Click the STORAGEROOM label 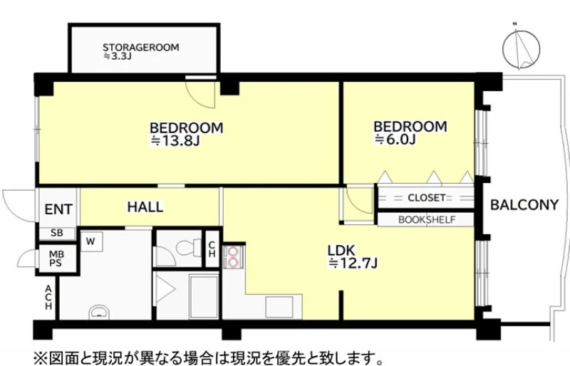click(x=140, y=47)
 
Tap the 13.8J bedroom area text click(x=175, y=141)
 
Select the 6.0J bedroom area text click(x=395, y=139)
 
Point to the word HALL click(x=145, y=206)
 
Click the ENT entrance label click(x=58, y=209)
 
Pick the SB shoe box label click(x=57, y=233)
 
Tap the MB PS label click(x=56, y=258)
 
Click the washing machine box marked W click(x=91, y=241)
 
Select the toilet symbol click(x=189, y=248)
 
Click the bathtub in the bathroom click(x=204, y=296)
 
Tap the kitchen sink click(x=279, y=307)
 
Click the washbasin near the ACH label click(x=99, y=312)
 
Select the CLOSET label click(x=426, y=198)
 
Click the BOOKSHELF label click(x=427, y=220)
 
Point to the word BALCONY click(x=524, y=205)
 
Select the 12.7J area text click(x=353, y=263)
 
